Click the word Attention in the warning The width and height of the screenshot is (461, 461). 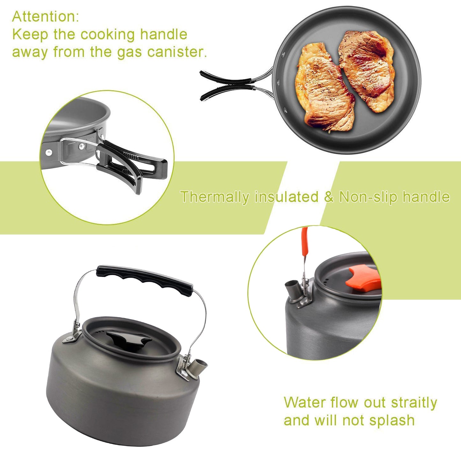pyautogui.click(x=45, y=17)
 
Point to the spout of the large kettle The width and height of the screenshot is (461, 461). pyautogui.click(x=200, y=367)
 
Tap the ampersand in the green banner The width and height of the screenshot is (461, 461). pyautogui.click(x=329, y=197)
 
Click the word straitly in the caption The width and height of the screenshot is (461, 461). pyautogui.click(x=414, y=403)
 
